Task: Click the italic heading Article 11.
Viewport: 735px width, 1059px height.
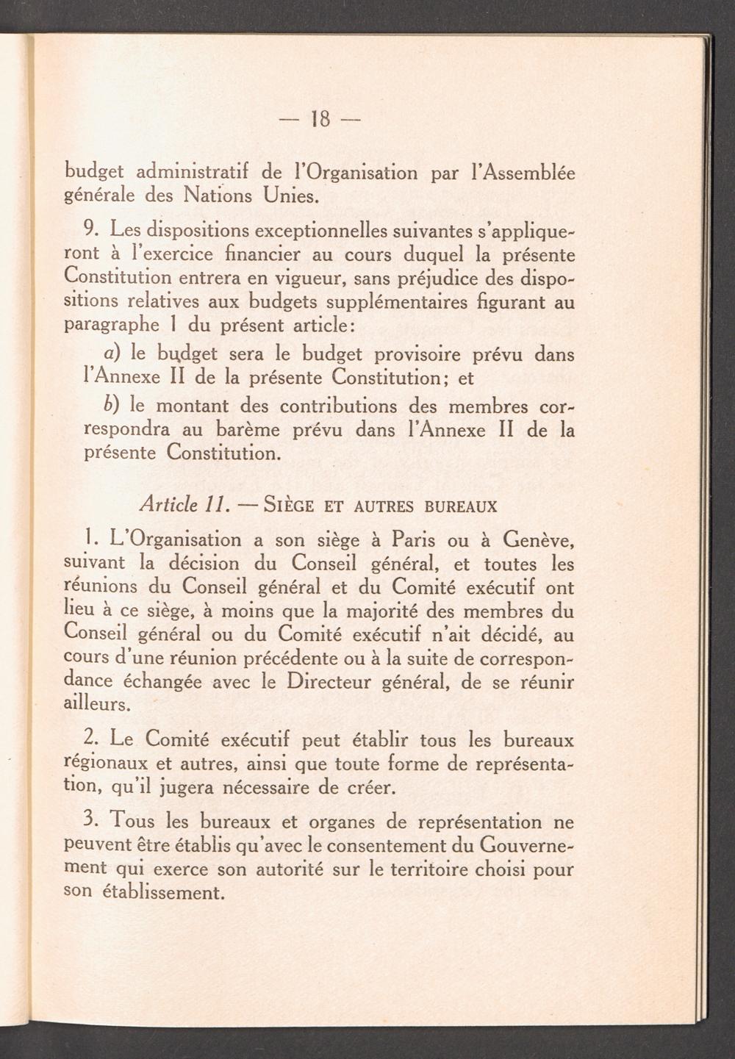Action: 180,506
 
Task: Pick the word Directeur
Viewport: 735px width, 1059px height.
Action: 329,681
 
